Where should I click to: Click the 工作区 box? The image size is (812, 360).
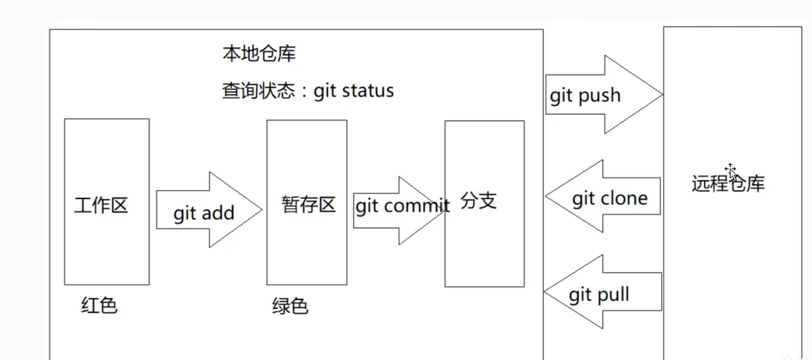[106, 202]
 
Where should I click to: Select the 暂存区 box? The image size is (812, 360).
[307, 202]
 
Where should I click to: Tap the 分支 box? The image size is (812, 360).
[484, 203]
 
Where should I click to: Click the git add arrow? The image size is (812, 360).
[208, 211]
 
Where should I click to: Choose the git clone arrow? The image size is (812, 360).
[604, 198]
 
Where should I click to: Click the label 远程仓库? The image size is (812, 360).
[729, 184]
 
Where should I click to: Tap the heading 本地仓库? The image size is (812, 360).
[259, 55]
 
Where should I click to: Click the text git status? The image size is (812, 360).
[354, 90]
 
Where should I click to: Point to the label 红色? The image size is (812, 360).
[99, 305]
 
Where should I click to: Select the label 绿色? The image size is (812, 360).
[290, 306]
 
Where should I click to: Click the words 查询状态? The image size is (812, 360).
[257, 90]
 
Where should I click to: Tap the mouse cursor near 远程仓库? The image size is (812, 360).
[732, 172]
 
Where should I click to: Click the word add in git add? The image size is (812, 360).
[219, 214]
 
